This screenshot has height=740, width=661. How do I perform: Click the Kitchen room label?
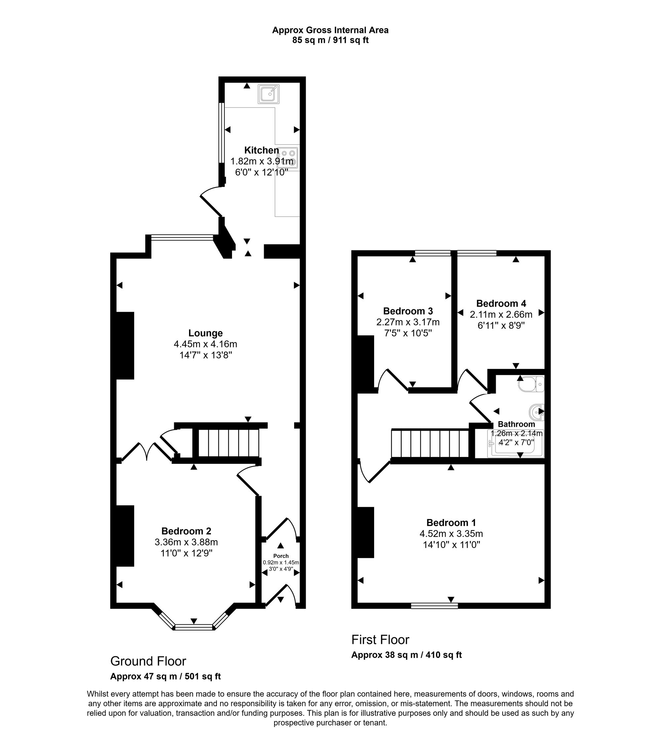[261, 150]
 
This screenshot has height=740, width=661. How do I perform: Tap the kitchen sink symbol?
[269, 94]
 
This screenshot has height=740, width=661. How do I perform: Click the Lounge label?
[206, 333]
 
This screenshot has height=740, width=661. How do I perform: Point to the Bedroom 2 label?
[186, 531]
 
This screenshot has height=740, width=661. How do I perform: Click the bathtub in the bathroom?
[516, 443]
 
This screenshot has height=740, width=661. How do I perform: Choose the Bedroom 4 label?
[501, 303]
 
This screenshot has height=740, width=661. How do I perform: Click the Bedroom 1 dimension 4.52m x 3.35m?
[451, 534]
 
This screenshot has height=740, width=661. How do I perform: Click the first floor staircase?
[430, 443]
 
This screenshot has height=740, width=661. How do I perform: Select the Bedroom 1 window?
[434, 605]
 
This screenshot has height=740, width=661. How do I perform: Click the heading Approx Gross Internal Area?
[330, 30]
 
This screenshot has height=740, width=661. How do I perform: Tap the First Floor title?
[380, 640]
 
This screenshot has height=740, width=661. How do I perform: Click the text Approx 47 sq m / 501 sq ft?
[166, 677]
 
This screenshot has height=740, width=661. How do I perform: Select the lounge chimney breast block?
[125, 346]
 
